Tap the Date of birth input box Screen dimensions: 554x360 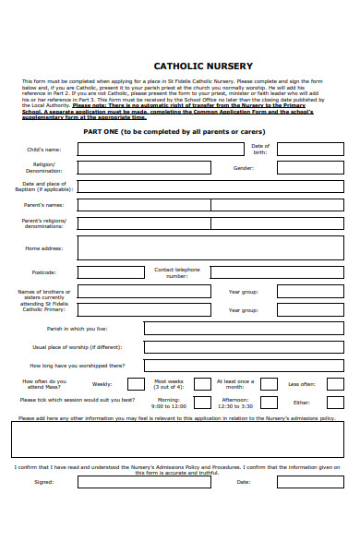click(310, 149)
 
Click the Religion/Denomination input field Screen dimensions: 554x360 click(142, 168)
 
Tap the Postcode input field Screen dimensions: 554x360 click(111, 272)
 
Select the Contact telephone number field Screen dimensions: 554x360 click(276, 272)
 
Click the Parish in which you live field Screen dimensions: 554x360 click(244, 328)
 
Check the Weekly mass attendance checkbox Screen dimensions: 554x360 click(136, 384)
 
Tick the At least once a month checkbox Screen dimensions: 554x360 click(268, 384)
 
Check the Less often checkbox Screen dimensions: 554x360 click(334, 384)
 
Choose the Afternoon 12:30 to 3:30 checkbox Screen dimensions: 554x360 click(268, 403)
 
